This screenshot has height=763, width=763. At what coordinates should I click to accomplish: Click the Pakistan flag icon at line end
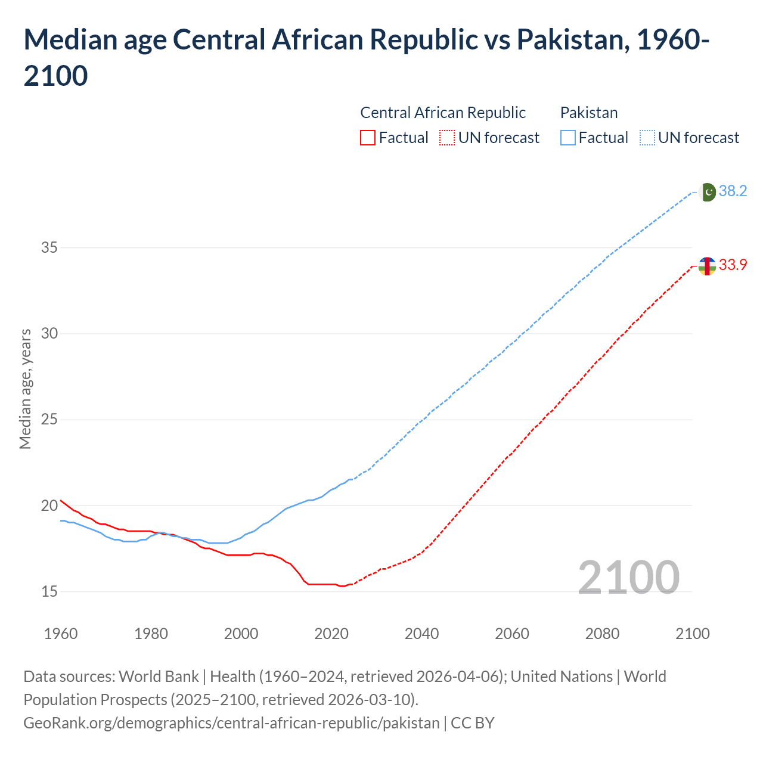point(708,192)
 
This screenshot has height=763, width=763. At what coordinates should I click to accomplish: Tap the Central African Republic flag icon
point(707,266)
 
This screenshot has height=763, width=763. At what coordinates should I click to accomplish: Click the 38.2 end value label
point(733,191)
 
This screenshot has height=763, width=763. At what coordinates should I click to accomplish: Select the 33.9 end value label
point(733,265)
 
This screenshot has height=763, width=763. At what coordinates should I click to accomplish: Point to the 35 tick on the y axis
point(49,247)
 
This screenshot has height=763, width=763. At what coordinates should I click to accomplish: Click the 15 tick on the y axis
point(49,592)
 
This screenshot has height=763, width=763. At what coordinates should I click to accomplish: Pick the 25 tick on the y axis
point(49,420)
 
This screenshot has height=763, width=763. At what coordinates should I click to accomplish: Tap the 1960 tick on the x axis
point(61,634)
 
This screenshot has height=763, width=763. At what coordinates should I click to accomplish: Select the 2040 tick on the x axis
point(421,634)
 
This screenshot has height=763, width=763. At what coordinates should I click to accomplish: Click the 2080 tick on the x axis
point(602,634)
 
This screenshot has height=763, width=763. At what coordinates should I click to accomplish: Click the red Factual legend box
point(368,138)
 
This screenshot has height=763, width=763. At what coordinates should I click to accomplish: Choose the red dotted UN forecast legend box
point(447,138)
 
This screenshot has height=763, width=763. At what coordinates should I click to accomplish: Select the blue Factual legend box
point(568,138)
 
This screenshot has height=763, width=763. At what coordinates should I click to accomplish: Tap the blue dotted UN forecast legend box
point(647,138)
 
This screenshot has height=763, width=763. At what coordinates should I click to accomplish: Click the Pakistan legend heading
point(589,113)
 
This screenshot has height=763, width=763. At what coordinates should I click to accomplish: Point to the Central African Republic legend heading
point(443,113)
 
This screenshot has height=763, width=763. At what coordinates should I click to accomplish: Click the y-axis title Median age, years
point(25,389)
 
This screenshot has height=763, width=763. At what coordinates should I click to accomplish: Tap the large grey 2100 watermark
point(628,577)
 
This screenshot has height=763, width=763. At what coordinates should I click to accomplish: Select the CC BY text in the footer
point(472,723)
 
